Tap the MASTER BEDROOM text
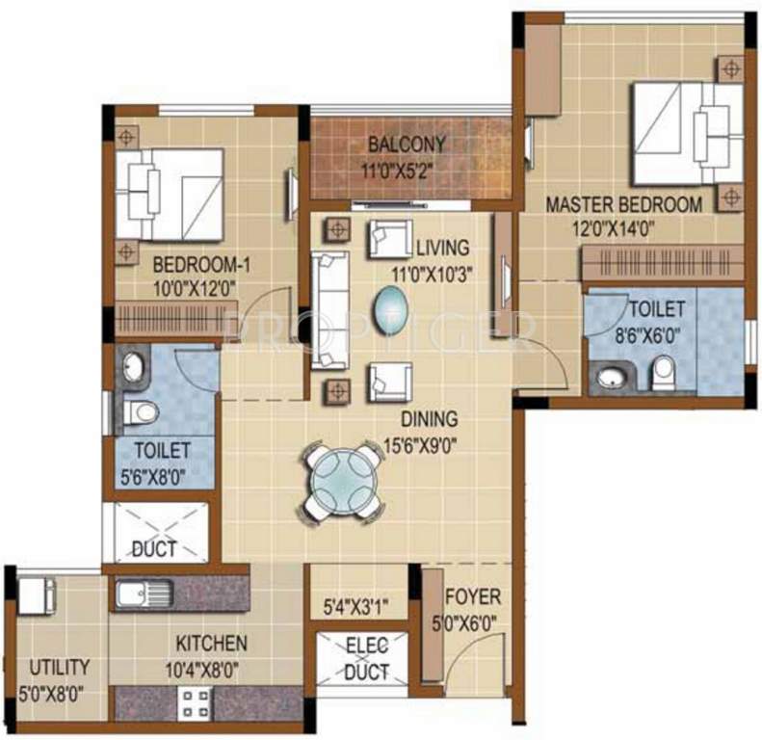624,205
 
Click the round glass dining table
344,478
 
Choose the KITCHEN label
211,643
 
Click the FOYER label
473,597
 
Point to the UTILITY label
59,667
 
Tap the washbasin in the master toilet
611,376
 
